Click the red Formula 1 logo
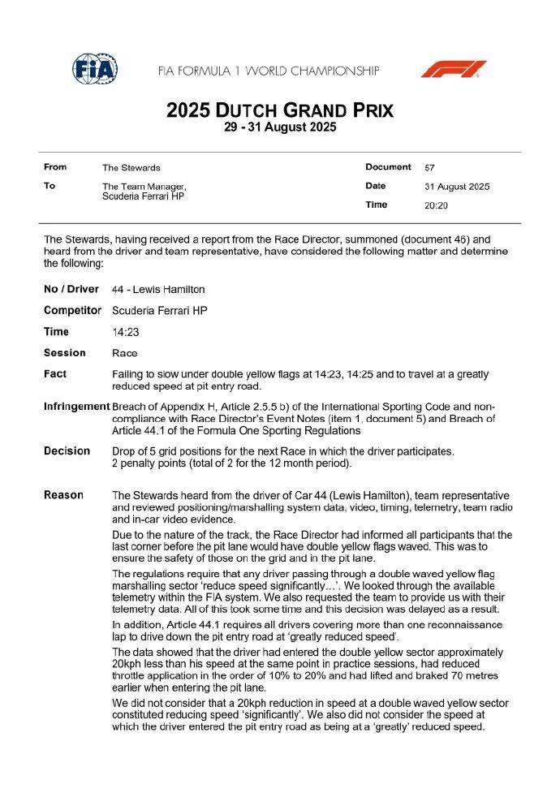(453, 69)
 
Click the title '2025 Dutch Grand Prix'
(280, 110)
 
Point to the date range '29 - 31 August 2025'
(280, 127)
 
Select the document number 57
(429, 168)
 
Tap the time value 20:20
(436, 205)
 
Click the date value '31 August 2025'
(457, 187)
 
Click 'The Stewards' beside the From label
(131, 168)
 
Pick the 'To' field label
(50, 186)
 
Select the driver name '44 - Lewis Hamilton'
(158, 290)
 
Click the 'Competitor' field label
(72, 311)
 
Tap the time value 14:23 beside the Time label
(125, 332)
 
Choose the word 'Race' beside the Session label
(124, 353)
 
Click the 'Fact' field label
(55, 374)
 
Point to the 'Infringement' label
(76, 406)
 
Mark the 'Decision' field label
(67, 450)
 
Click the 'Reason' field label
(63, 494)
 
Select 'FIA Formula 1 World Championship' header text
(269, 71)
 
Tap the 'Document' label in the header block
(388, 167)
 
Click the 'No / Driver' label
(71, 290)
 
